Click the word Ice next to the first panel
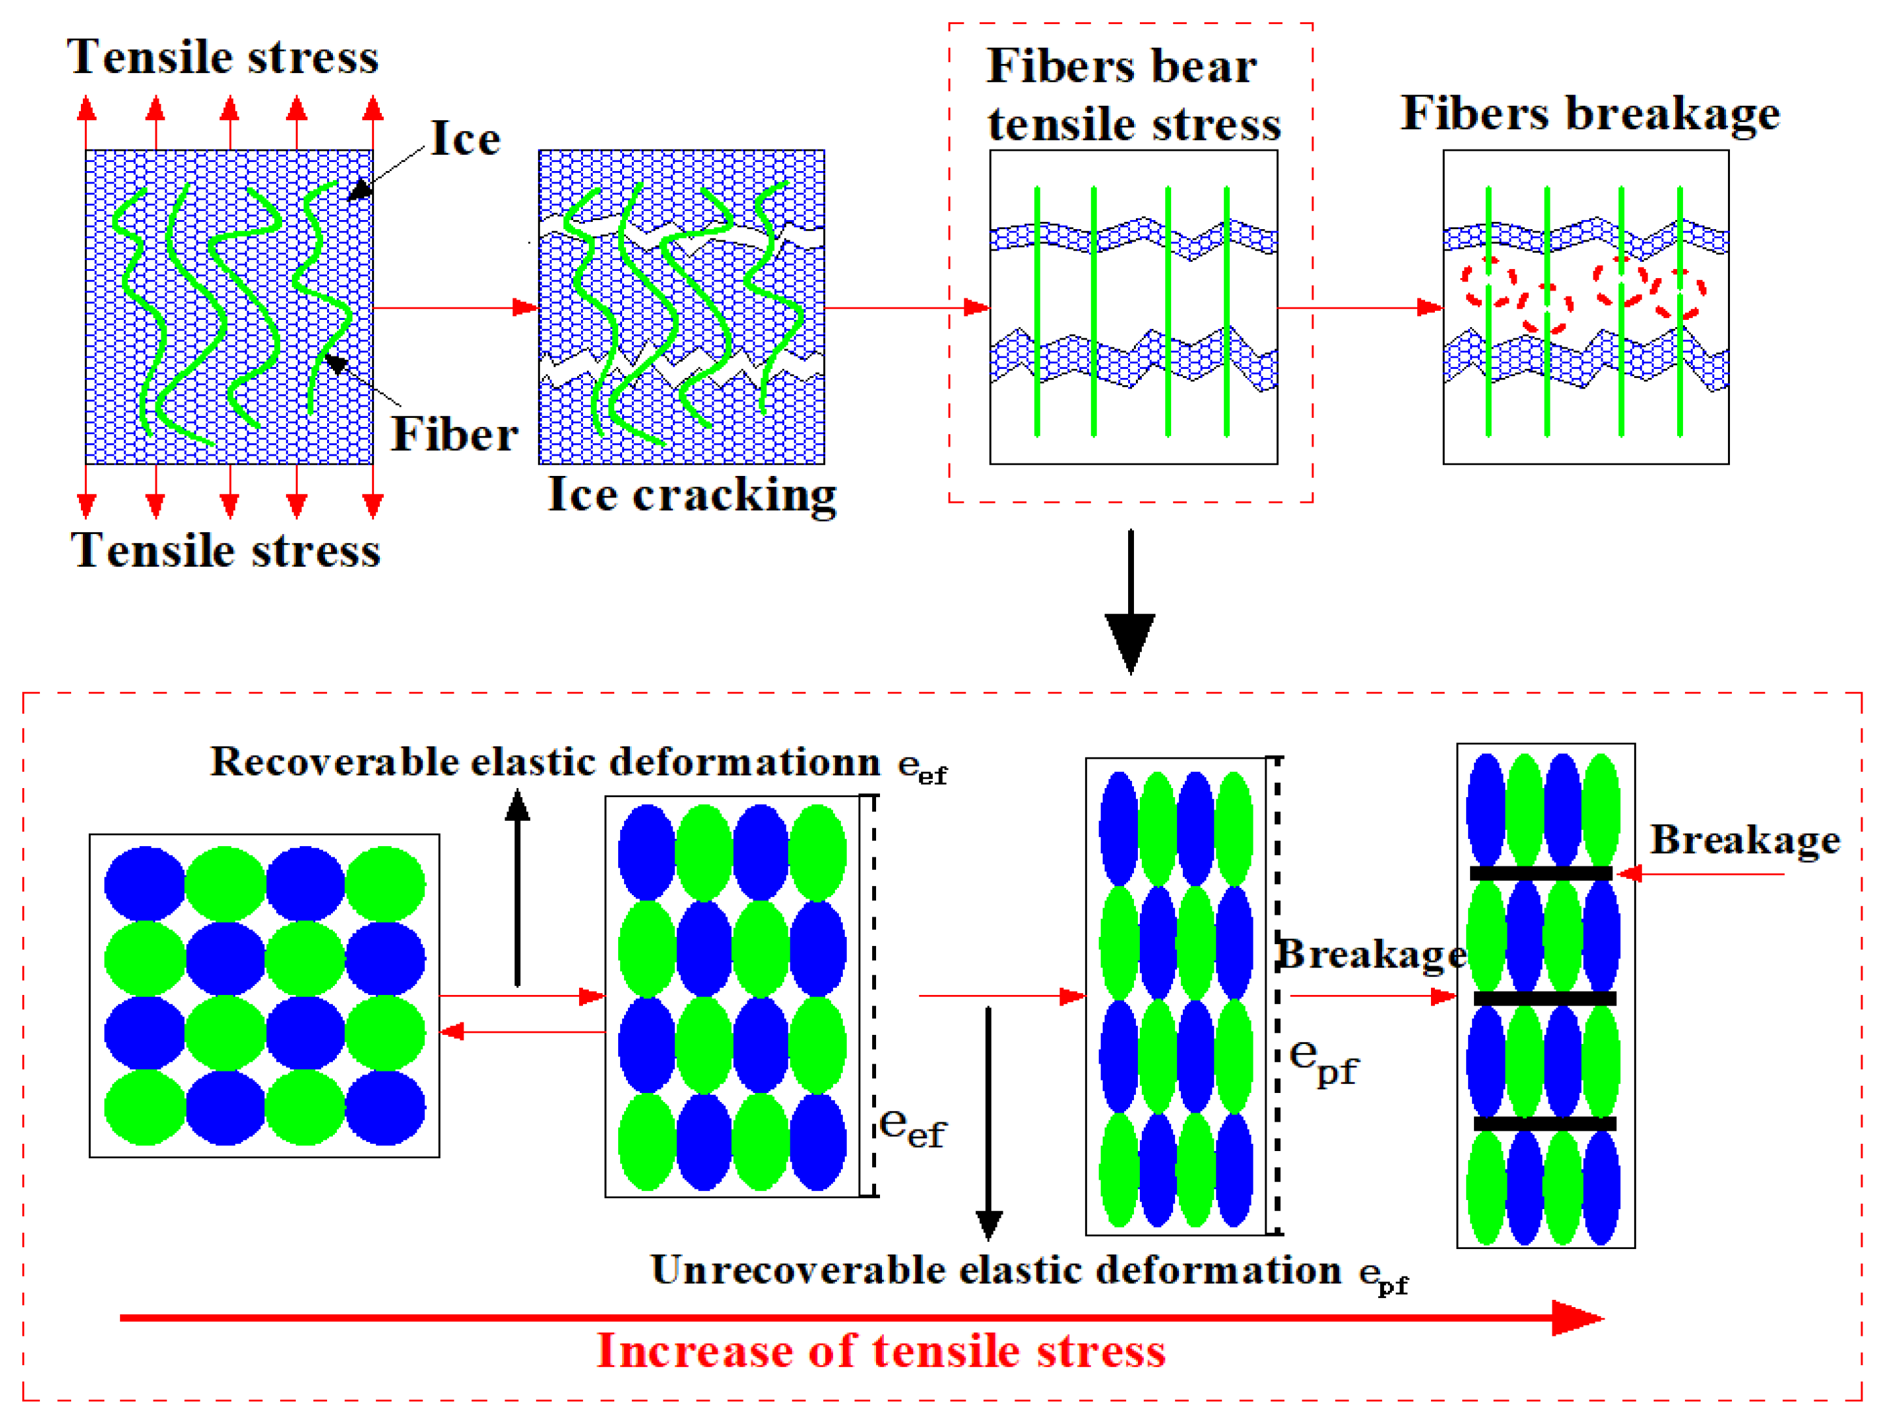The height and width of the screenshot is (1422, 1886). [x=465, y=138]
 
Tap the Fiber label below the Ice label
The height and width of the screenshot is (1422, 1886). [x=454, y=435]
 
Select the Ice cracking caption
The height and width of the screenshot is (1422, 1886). [x=691, y=494]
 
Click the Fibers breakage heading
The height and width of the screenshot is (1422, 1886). [x=1590, y=114]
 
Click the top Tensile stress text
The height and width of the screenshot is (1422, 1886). [x=223, y=57]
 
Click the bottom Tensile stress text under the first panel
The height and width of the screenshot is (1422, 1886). [x=225, y=550]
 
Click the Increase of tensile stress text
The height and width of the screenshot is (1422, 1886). [x=881, y=1351]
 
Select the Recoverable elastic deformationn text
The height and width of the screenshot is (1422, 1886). [x=546, y=762]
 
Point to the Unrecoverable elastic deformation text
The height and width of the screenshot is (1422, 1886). [x=996, y=1271]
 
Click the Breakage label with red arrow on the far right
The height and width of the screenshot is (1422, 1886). [x=1744, y=840]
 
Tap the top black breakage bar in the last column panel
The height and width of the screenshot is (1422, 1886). [x=1541, y=873]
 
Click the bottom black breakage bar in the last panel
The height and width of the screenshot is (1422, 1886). [x=1544, y=1124]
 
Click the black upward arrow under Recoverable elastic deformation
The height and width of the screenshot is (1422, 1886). [x=518, y=887]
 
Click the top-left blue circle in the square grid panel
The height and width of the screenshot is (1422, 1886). [x=144, y=883]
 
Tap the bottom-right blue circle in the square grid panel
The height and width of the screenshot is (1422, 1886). [x=385, y=1107]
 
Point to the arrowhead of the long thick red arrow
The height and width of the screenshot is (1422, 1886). [x=1577, y=1318]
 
